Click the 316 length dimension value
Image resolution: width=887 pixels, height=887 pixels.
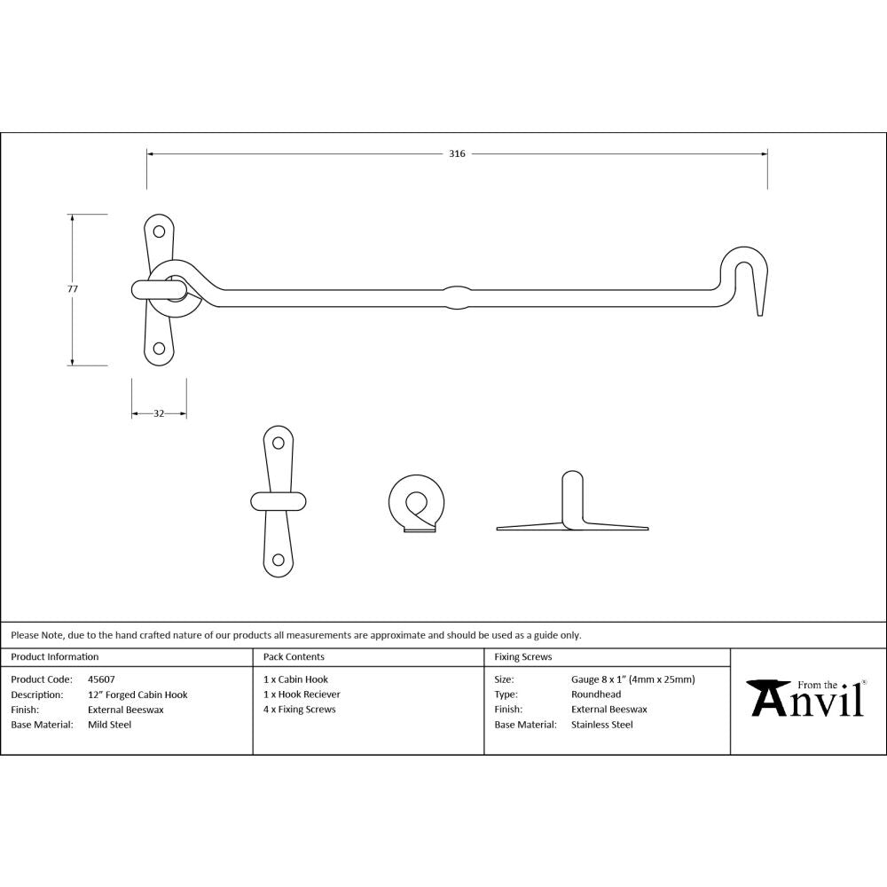click(x=456, y=153)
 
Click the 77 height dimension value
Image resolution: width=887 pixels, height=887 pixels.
click(x=73, y=289)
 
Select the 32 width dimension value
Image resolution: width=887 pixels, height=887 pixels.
click(x=159, y=413)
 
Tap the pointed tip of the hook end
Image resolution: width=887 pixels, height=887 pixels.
click(x=761, y=311)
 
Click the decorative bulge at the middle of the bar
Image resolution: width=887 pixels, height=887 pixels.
click(x=456, y=296)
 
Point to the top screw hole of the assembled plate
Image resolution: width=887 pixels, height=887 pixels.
click(x=160, y=232)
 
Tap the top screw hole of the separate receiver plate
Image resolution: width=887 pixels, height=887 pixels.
click(x=278, y=443)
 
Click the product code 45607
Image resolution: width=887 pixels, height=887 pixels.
click(x=101, y=679)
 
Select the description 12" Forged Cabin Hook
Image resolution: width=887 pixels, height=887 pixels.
click(x=137, y=695)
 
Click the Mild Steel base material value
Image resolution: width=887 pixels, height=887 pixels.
click(x=109, y=725)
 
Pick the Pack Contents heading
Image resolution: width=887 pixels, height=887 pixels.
click(x=294, y=657)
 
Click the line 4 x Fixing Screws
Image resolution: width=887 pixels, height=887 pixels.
click(x=300, y=710)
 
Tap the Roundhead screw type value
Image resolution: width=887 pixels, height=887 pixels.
click(x=596, y=695)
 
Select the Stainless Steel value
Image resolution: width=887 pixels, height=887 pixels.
click(x=602, y=725)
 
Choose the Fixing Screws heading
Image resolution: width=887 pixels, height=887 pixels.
click(x=522, y=657)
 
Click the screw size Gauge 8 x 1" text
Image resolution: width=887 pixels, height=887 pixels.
click(x=632, y=679)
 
